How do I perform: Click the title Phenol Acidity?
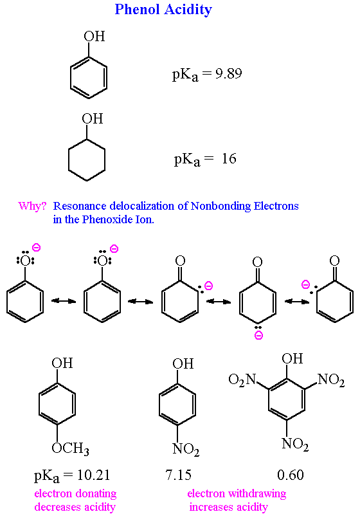[x=163, y=10]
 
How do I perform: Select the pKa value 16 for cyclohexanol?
[x=229, y=158]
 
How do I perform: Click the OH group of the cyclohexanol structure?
[x=92, y=119]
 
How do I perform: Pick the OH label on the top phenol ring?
[x=94, y=37]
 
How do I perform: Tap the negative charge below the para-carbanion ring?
[x=257, y=336]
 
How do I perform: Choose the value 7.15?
[x=178, y=476]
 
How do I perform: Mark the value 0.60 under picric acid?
[x=290, y=476]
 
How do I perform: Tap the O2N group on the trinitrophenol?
[x=242, y=380]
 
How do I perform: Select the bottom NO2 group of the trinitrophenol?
[x=295, y=443]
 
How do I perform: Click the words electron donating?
[x=75, y=494]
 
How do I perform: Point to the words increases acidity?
[x=228, y=507]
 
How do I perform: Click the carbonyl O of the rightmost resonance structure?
[x=334, y=261]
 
